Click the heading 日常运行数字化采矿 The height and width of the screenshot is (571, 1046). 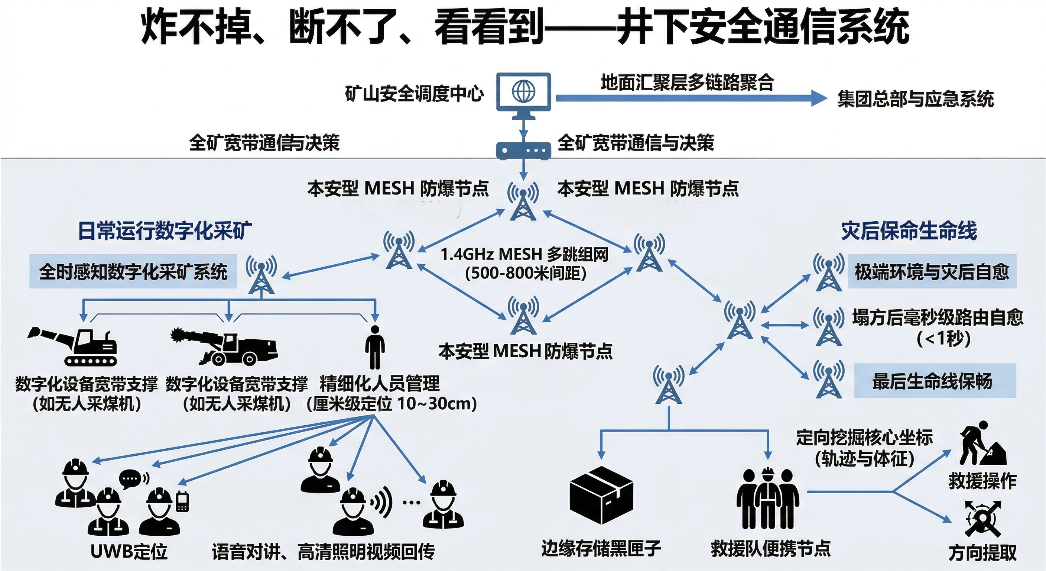pos(165,231)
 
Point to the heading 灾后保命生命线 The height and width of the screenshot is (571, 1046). pos(909,231)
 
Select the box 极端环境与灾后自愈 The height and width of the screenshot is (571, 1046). pos(932,271)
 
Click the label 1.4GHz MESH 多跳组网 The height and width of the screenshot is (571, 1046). pos(524,255)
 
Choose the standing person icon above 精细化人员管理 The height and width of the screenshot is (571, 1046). pos(374,347)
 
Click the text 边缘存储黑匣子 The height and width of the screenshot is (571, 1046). pos(601,549)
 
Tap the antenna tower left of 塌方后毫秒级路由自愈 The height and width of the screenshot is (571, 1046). pos(828,327)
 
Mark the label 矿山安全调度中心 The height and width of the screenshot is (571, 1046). pos(414,94)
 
